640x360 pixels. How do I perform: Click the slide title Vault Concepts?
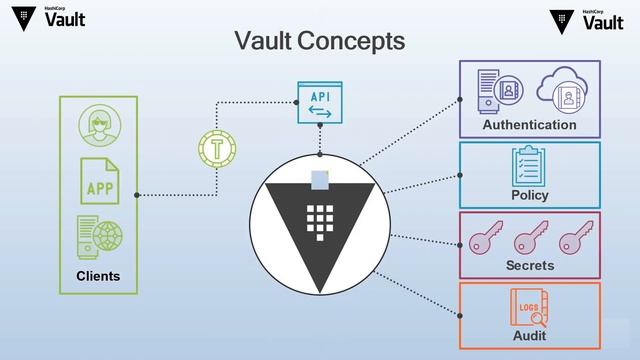(x=319, y=41)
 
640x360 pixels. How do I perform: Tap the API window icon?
(x=320, y=102)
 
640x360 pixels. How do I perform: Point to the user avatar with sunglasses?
(x=100, y=126)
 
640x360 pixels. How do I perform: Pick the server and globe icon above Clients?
(x=100, y=238)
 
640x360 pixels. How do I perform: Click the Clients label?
(x=98, y=276)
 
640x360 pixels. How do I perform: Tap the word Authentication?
(x=529, y=125)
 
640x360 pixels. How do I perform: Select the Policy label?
(x=529, y=195)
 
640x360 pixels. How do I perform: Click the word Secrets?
(x=529, y=265)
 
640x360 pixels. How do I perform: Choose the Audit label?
(x=529, y=337)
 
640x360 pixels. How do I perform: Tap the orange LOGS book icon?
(x=527, y=306)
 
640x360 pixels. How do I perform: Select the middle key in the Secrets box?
(x=528, y=240)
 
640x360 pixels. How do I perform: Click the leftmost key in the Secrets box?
(x=483, y=240)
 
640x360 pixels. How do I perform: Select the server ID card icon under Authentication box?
(x=497, y=92)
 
